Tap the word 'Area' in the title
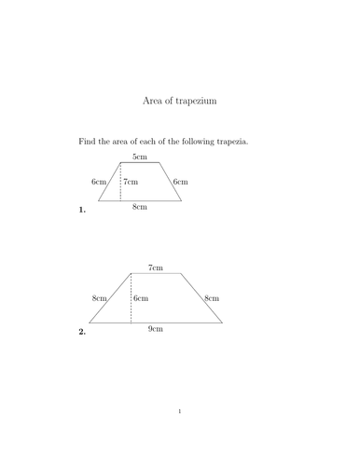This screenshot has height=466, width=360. [154, 99]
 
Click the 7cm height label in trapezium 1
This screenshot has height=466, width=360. [132, 182]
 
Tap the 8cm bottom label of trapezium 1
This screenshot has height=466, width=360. [139, 207]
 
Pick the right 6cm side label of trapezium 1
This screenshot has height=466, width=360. [181, 182]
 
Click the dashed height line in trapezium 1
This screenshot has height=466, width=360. [120, 182]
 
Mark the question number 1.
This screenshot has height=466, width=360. [82, 211]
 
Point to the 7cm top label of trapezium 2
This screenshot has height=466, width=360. [156, 267]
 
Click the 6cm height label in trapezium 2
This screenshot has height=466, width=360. [141, 298]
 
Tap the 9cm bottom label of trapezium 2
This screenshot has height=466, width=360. [156, 330]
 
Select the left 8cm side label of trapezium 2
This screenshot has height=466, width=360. [99, 298]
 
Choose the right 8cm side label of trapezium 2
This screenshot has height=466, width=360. [212, 298]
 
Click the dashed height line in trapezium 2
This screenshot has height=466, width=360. [131, 298]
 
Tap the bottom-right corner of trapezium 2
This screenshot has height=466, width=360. [223, 322]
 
